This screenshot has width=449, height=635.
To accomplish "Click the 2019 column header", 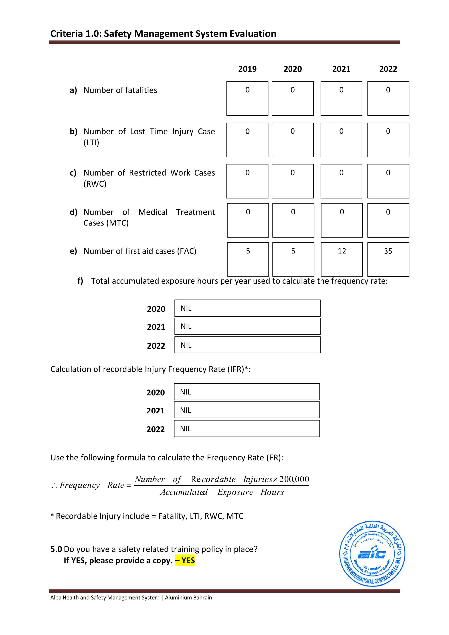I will tap(247, 69).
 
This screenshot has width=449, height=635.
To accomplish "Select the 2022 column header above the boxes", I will tap(388, 69).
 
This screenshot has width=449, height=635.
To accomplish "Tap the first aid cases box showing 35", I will tap(388, 259).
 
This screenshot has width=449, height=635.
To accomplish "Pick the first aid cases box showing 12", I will tap(342, 259).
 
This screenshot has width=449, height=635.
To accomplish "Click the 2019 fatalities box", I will tap(247, 98).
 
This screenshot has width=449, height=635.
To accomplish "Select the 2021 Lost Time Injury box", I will tap(341, 140).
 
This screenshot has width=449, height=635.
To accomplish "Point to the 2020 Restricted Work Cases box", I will tap(292, 181).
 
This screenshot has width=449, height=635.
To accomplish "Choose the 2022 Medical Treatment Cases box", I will tap(388, 221).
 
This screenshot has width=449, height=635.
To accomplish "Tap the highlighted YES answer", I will tap(185, 560).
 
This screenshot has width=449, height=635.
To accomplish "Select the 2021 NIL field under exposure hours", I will tap(247, 326).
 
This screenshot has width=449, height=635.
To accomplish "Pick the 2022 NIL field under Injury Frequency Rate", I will tap(247, 429).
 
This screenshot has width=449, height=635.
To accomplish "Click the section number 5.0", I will tap(56, 549).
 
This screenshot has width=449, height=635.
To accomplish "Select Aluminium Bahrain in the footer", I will tap(188, 597).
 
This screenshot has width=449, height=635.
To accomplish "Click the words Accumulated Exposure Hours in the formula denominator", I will tap(222, 492).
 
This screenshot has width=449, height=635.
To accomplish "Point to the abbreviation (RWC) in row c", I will tap(95, 184).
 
